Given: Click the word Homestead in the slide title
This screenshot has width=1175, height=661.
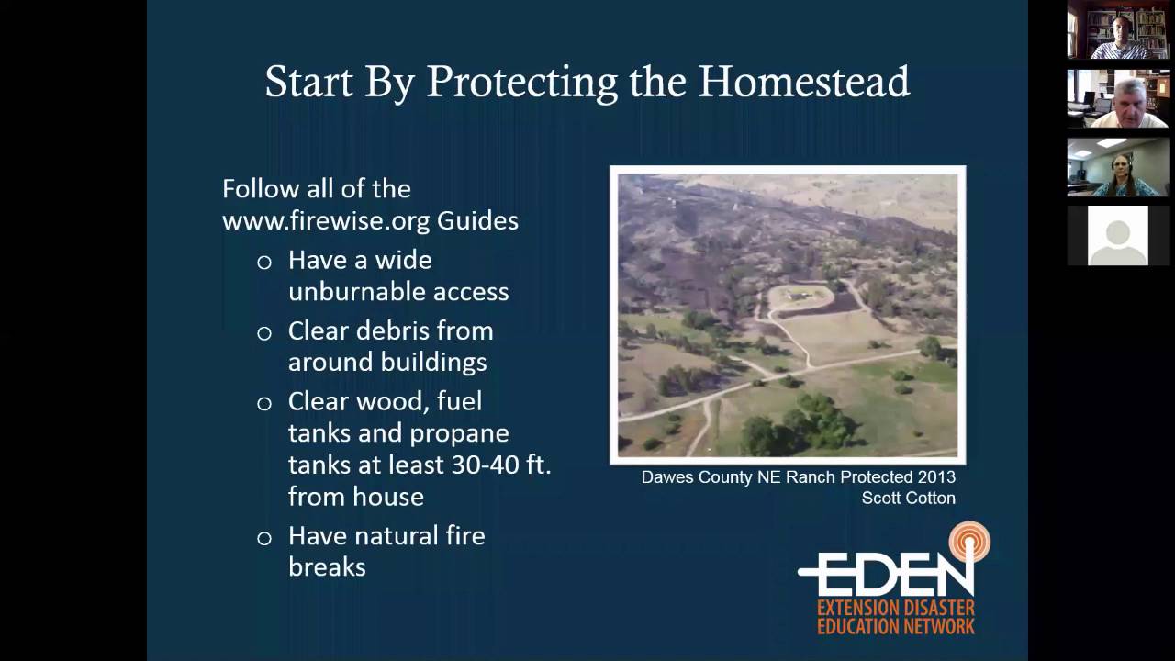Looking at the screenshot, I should click(804, 82).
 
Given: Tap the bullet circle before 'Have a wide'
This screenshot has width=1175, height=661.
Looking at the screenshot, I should click(264, 263).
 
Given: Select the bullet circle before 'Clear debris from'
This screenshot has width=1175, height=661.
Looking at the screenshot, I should click(264, 333).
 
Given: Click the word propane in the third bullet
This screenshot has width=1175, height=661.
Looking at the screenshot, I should click(450, 432).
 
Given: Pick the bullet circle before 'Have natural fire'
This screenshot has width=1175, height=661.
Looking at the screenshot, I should click(264, 538).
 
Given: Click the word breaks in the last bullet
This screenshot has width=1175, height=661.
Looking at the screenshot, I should click(327, 567).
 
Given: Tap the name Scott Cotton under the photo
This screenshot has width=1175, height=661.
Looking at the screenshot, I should click(908, 499).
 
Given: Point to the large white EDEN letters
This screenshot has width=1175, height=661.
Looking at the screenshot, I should click(886, 574).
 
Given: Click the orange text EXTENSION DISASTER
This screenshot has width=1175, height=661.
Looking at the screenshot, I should click(896, 609).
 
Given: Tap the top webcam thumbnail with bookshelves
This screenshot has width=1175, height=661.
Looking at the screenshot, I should click(1118, 29).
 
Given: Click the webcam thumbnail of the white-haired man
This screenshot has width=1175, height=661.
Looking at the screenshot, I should click(1118, 98).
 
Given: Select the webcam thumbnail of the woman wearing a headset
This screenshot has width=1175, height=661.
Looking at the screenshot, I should click(1118, 167).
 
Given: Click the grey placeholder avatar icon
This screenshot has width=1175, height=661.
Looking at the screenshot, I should click(1117, 236).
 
